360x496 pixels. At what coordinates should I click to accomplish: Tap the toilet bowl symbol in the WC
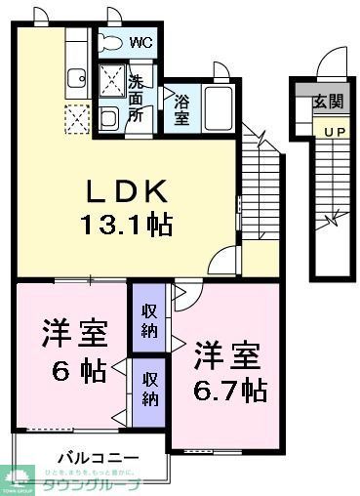(111, 43)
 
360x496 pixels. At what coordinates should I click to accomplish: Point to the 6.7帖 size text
(229, 390)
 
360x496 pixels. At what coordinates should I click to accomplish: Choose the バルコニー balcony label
(97, 457)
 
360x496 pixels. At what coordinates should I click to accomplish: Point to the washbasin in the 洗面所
(109, 117)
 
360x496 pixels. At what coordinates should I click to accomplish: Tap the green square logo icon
(20, 478)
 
